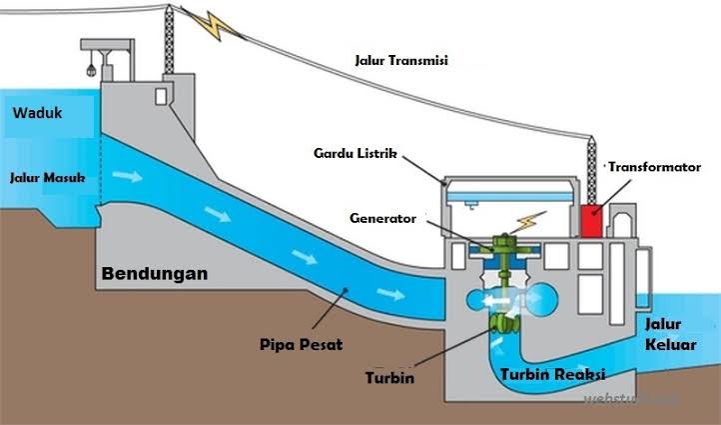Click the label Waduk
click(37, 114)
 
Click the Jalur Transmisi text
click(401, 60)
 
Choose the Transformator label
click(654, 167)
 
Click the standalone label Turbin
click(389, 379)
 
